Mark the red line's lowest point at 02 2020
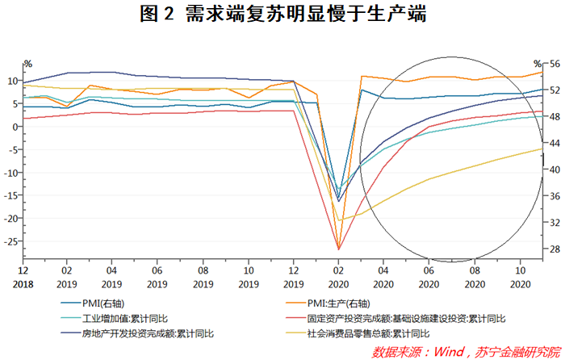[338, 249]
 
